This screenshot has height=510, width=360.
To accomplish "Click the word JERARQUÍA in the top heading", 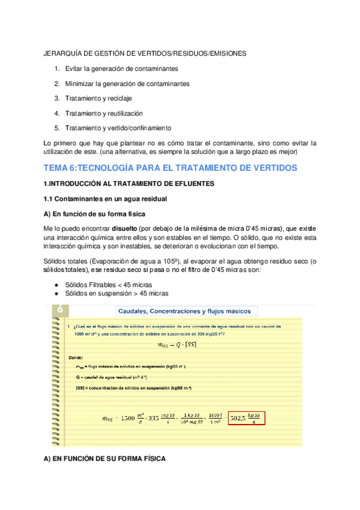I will (65, 54).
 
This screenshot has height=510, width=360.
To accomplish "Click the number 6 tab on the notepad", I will (61, 310).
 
